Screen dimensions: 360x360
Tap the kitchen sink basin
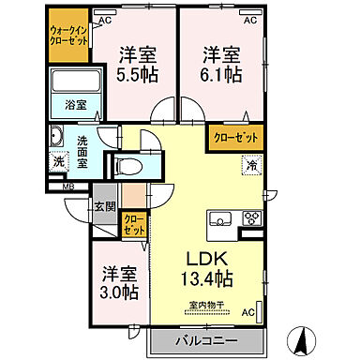click(221, 220)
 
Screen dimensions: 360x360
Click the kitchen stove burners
click(251, 219)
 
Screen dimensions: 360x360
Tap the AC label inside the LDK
click(248, 311)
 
